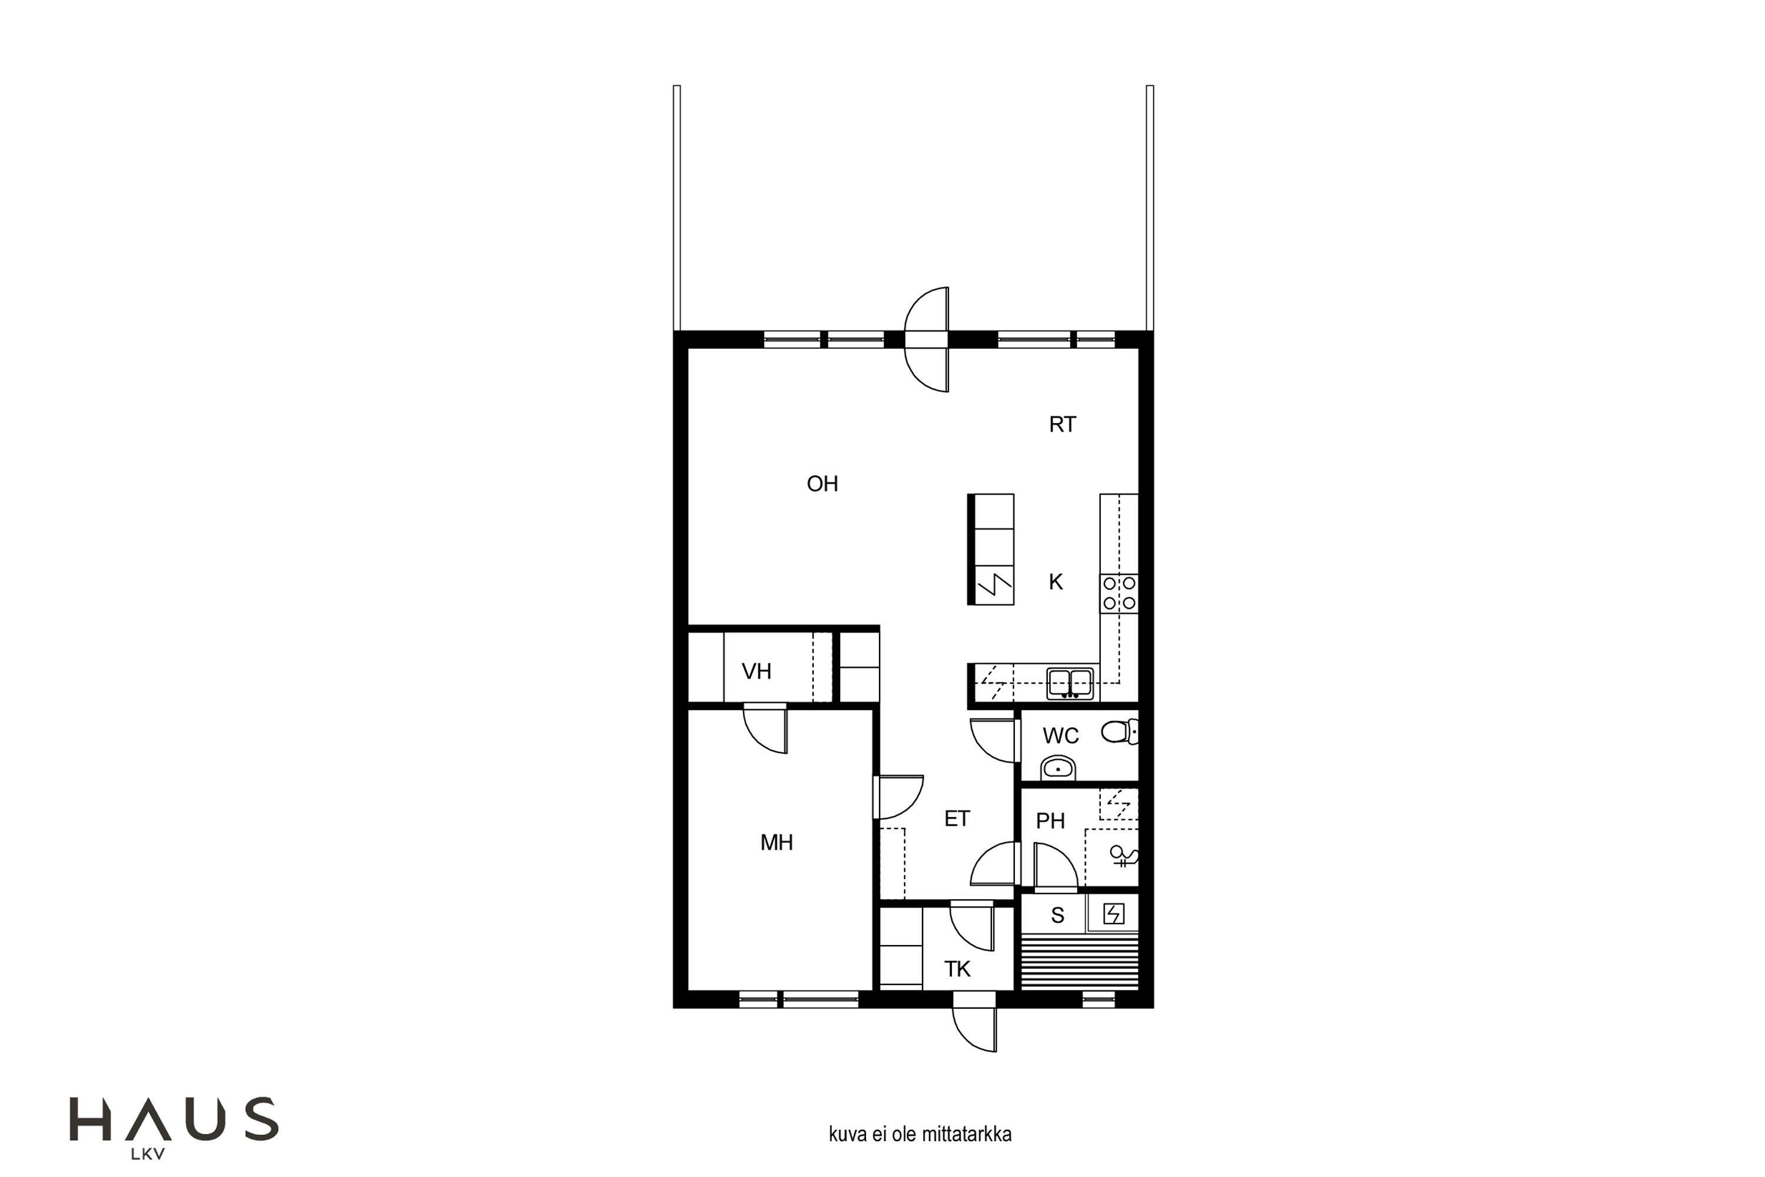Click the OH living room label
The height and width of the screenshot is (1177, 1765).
(x=822, y=484)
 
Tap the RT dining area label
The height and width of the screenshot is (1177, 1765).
(x=1062, y=425)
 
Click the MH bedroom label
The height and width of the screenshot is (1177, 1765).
(x=776, y=842)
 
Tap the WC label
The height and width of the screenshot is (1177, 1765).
(x=1060, y=736)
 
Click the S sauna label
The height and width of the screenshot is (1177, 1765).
(x=1057, y=915)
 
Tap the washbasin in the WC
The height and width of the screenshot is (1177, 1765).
(x=1058, y=768)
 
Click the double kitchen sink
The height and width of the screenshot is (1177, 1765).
(x=1070, y=683)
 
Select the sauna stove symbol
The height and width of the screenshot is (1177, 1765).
(x=1114, y=913)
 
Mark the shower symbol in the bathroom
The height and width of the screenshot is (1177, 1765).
(x=1124, y=856)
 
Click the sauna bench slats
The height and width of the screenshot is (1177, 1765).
(x=1080, y=961)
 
